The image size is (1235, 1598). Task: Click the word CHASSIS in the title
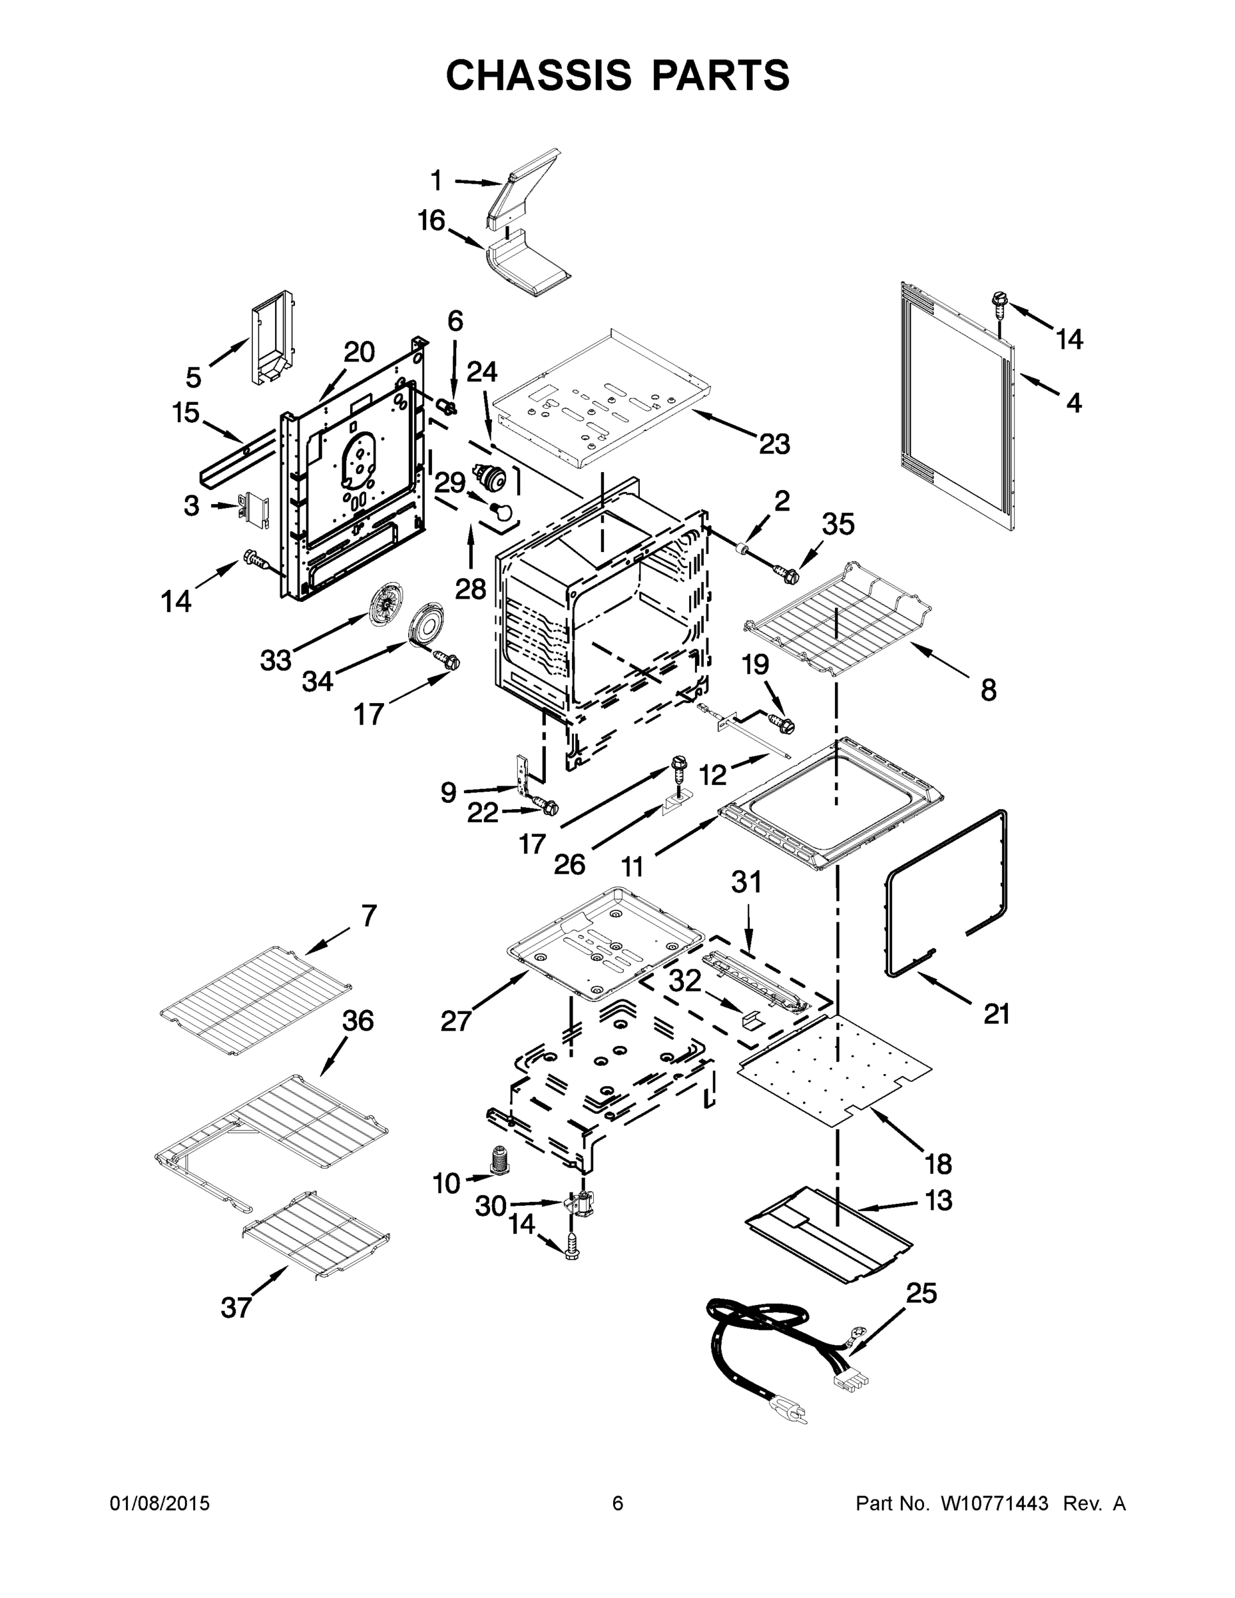point(539,75)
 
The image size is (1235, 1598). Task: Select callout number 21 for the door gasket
point(996,1013)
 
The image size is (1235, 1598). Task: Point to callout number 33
point(276,661)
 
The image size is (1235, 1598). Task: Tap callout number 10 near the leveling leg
point(446,1183)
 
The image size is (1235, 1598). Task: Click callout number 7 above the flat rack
point(369,916)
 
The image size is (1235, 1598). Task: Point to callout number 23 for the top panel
point(774,443)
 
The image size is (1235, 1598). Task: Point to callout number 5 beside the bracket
point(193,378)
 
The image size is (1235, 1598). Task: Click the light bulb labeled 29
point(502,509)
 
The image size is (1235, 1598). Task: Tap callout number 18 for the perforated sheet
point(939,1163)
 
